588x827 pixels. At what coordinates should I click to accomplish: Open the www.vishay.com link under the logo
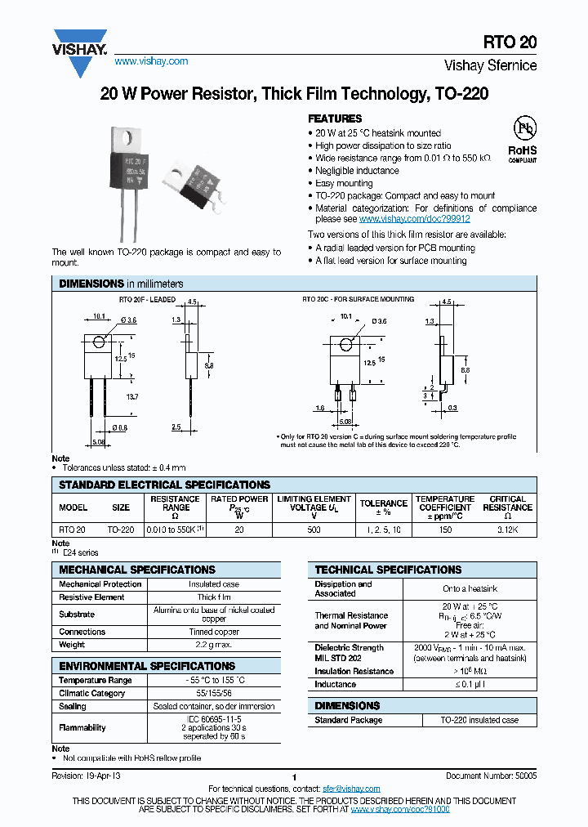click(151, 61)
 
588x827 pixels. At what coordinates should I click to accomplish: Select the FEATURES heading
click(335, 118)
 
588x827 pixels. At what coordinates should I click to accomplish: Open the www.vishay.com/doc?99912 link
click(415, 220)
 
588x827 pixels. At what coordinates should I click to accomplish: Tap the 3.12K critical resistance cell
click(508, 530)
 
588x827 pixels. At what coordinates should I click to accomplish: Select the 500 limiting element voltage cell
click(314, 530)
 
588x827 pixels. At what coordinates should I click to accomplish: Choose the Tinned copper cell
click(214, 632)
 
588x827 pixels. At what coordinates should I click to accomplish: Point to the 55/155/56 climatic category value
click(214, 693)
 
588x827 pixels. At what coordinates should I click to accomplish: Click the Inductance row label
click(336, 684)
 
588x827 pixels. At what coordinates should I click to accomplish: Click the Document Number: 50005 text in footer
click(491, 776)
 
